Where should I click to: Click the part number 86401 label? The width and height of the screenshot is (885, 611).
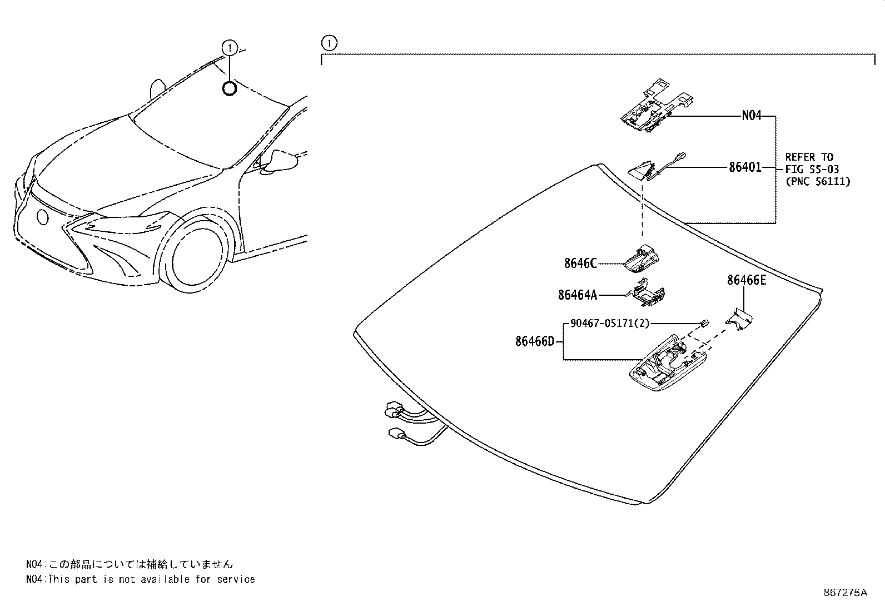tap(745, 167)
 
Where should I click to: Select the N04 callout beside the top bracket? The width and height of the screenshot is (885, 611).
tap(751, 116)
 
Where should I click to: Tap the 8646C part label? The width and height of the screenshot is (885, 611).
tap(580, 264)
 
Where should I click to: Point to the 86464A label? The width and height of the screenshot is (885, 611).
tap(577, 295)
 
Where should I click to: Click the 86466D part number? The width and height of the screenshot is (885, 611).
tap(535, 341)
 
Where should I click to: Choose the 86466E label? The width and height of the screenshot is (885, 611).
tap(746, 281)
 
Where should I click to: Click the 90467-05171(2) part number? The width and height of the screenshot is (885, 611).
tap(609, 323)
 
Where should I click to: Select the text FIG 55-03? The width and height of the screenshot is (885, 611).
tap(812, 169)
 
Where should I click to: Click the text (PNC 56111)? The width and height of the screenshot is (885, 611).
tap(817, 181)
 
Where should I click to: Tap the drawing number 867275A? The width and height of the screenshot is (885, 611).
tap(845, 593)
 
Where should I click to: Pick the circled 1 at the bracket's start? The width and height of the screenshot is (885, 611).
tap(329, 42)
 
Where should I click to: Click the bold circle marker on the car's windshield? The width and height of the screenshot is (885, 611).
tap(229, 88)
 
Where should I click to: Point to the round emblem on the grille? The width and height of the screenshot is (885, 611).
tap(42, 217)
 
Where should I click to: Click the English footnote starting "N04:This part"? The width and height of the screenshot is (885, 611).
tap(141, 579)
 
